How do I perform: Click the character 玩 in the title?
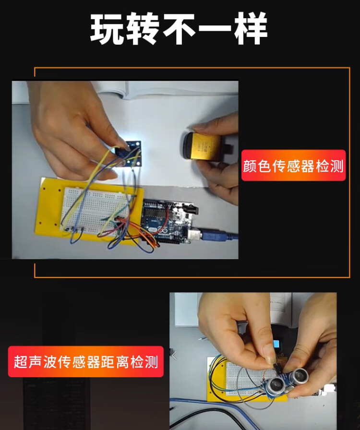tap(107, 28)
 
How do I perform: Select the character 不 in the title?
tap(179, 28)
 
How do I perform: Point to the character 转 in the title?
tap(143, 28)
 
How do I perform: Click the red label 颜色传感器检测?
tap(293, 166)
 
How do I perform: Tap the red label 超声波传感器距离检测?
tap(86, 361)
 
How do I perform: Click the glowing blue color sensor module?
tap(128, 154)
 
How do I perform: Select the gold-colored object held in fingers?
tap(203, 146)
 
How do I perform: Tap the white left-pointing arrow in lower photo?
tap(174, 356)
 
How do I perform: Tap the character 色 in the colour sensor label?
tap(264, 166)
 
